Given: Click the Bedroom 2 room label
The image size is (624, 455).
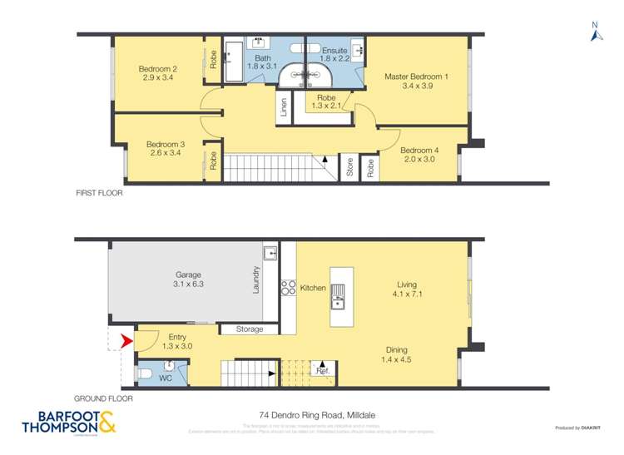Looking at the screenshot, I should (x=158, y=69).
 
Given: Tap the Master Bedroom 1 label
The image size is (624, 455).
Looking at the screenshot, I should (x=416, y=77).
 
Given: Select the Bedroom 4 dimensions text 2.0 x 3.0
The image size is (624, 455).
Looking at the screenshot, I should (x=418, y=161).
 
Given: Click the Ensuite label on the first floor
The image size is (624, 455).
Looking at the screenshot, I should (x=334, y=50).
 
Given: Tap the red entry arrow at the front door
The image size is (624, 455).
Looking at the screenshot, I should (x=126, y=340).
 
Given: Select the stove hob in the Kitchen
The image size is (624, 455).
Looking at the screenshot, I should (x=289, y=288).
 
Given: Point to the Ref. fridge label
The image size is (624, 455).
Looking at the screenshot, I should (x=320, y=370).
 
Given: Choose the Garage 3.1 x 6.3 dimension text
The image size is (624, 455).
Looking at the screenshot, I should (x=188, y=284).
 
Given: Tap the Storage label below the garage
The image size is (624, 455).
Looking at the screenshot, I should (x=250, y=329).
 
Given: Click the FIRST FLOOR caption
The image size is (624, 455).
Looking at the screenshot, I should (x=99, y=193).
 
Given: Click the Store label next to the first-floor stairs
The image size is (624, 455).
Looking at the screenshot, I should (x=350, y=167).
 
